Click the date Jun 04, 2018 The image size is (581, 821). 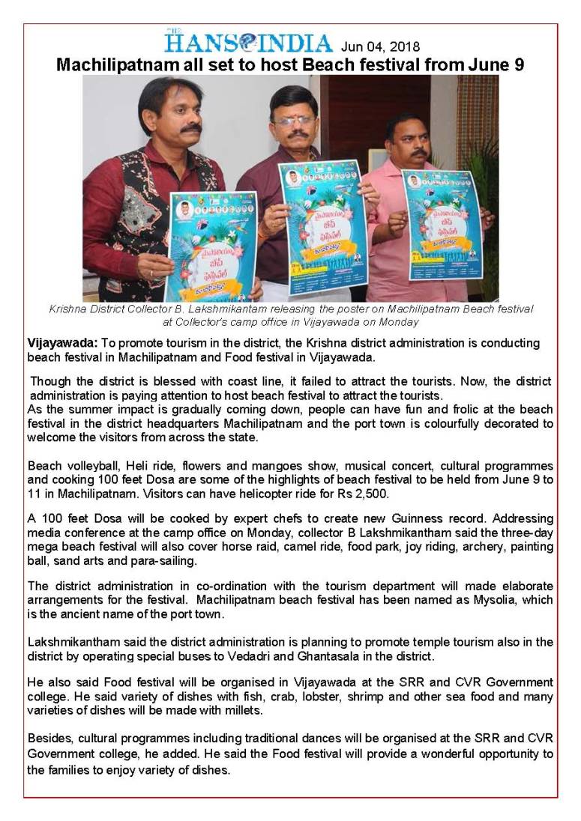tap(381, 46)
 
